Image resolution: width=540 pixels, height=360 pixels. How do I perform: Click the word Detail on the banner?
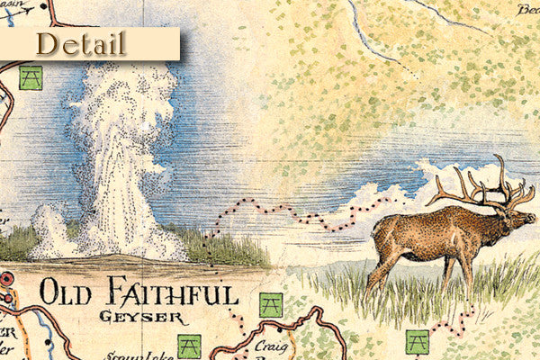(x=81, y=42)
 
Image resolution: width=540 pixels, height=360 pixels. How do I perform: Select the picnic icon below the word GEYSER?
(x=188, y=346)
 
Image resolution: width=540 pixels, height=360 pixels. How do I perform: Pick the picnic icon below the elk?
(x=417, y=342)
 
